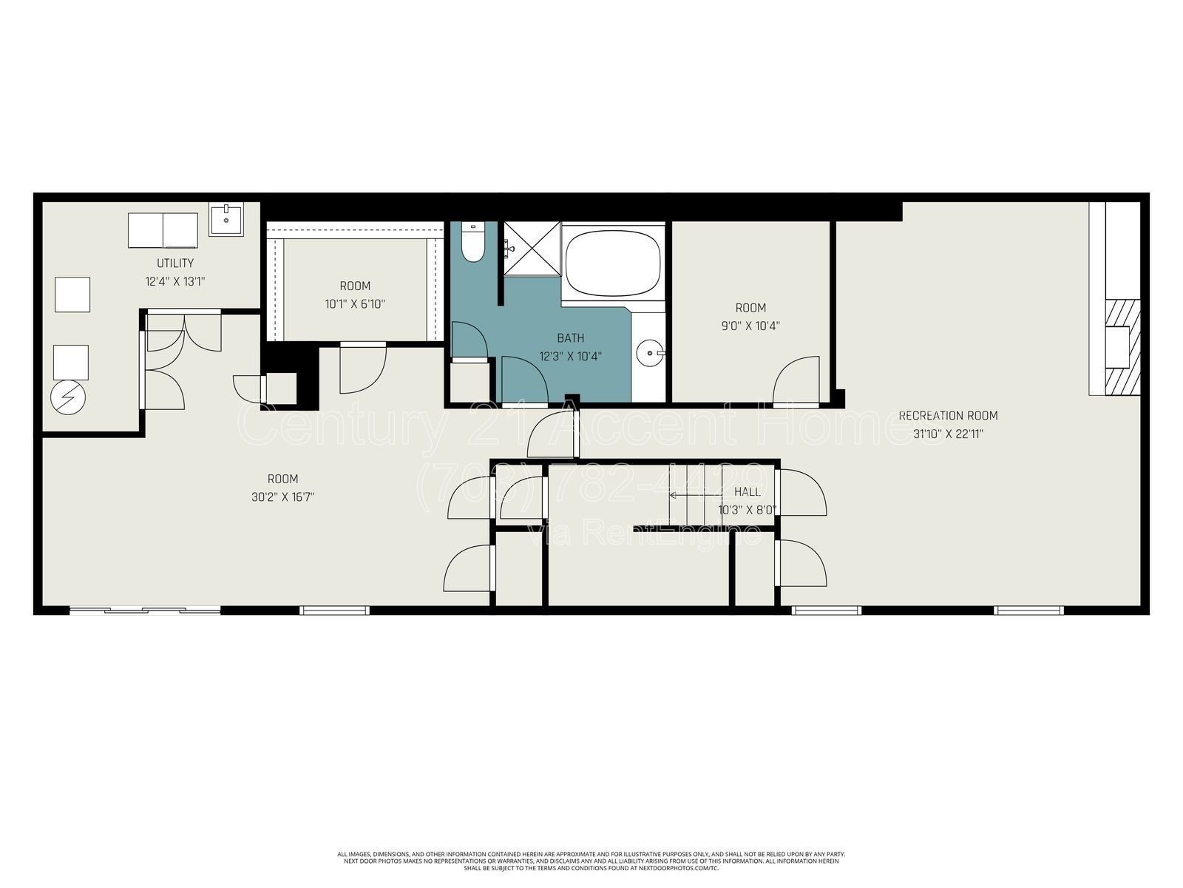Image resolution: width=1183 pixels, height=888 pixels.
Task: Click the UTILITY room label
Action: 175,263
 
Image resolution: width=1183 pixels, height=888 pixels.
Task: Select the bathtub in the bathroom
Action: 612,260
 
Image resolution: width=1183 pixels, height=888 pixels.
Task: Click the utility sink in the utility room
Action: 226,219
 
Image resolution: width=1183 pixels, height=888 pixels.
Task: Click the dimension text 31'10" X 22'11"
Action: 948,434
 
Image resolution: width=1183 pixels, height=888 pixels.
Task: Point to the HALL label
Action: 747,491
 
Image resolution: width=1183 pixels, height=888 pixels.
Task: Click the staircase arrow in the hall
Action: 695,494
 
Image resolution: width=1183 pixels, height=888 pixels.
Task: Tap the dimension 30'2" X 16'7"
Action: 283,497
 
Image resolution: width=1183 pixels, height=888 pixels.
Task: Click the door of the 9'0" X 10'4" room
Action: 797,381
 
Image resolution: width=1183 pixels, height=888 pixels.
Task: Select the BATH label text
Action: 570,338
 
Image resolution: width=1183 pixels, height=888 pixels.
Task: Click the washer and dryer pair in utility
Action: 163,230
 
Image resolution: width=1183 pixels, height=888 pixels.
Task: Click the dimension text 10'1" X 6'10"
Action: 355,303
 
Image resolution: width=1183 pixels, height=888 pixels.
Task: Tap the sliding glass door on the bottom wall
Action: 145,610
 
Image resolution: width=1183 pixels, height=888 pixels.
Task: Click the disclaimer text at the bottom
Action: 591,861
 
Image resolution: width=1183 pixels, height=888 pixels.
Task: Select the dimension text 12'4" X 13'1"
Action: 175,281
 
